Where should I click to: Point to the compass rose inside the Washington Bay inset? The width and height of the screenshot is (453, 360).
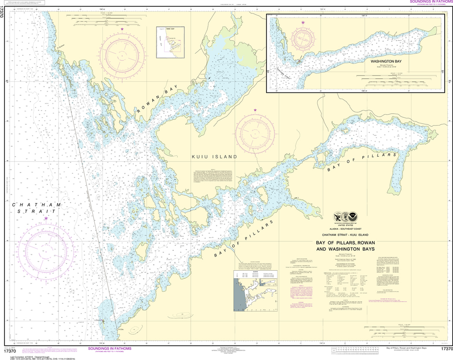coord(303,39)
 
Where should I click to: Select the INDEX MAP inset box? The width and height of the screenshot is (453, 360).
coord(169,42)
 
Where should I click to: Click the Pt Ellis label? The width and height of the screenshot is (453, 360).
coord(119,329)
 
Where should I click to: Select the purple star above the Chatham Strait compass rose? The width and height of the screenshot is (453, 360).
coord(46,218)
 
